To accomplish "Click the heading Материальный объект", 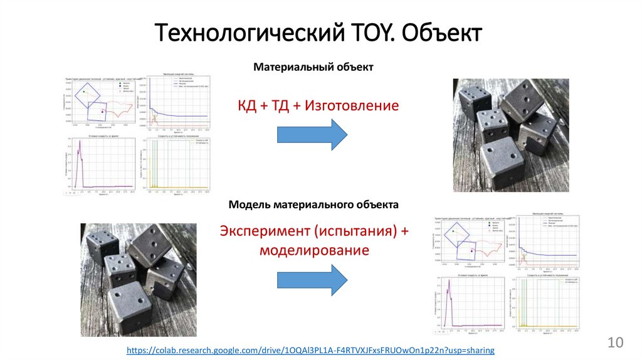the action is pyautogui.click(x=313, y=66).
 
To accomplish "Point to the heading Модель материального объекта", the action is pyautogui.click(x=313, y=204).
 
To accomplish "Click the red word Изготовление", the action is pyautogui.click(x=352, y=105).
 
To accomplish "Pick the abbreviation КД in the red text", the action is pyautogui.click(x=247, y=105).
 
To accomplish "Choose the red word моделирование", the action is pyautogui.click(x=313, y=250).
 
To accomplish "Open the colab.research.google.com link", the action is pyautogui.click(x=310, y=349).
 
